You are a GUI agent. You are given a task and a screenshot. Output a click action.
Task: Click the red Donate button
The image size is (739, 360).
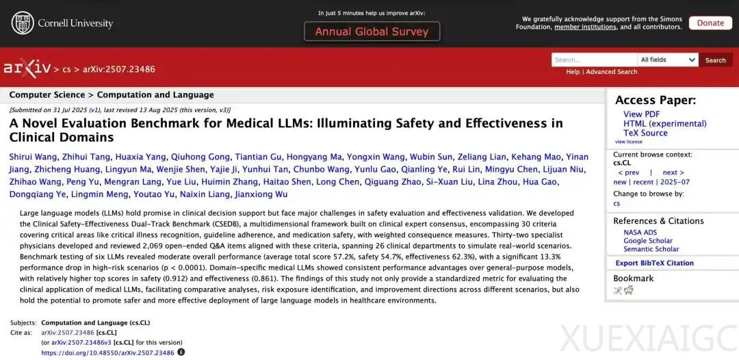click(710, 23)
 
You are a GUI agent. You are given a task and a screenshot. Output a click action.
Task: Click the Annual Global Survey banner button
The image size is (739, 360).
click(372, 31)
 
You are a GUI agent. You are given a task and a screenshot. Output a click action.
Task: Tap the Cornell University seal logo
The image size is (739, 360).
click(22, 23)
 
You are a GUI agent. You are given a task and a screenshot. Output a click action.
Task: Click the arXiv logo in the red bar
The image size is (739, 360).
click(27, 68)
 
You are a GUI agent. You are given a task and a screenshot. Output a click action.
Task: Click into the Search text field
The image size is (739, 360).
click(594, 60)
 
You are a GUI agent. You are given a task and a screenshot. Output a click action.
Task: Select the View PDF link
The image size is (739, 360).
click(641, 114)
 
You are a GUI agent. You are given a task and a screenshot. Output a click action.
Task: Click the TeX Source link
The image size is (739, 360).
click(645, 133)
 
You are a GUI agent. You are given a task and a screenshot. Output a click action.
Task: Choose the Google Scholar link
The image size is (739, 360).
click(647, 241)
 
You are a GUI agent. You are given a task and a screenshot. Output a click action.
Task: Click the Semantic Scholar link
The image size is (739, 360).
click(651, 249)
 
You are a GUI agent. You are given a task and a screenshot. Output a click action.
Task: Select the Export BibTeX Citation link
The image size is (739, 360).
click(654, 263)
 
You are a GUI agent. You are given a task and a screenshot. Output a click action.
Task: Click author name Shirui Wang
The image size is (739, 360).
click(33, 157)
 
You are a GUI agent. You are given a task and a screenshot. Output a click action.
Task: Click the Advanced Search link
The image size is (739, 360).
click(611, 72)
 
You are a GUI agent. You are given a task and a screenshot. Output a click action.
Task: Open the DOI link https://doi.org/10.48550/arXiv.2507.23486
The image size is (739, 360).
click(107, 353)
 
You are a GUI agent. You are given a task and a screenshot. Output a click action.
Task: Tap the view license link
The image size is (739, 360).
click(628, 142)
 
